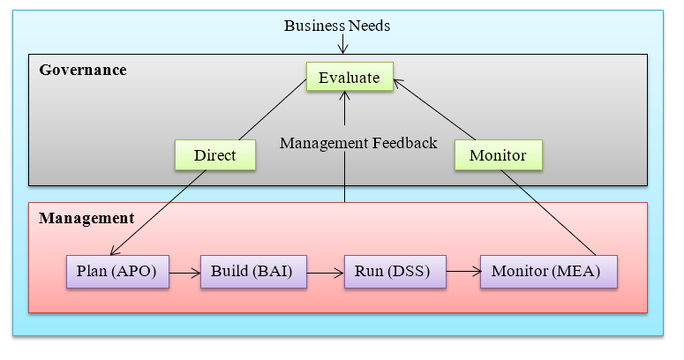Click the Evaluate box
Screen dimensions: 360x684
(349, 78)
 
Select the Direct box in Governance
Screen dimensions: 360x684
(214, 155)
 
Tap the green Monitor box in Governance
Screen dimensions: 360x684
(498, 155)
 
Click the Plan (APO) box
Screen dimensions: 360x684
(117, 272)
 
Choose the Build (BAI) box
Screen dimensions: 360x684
(252, 272)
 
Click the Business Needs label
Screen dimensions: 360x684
(337, 26)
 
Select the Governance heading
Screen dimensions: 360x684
(82, 70)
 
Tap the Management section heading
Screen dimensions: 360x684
(86, 217)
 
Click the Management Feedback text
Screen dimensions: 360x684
(358, 143)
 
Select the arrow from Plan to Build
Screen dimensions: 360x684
(184, 273)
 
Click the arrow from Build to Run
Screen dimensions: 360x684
(324, 273)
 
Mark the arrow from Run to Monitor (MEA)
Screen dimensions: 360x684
(462, 273)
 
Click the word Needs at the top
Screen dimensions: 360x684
(369, 26)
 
